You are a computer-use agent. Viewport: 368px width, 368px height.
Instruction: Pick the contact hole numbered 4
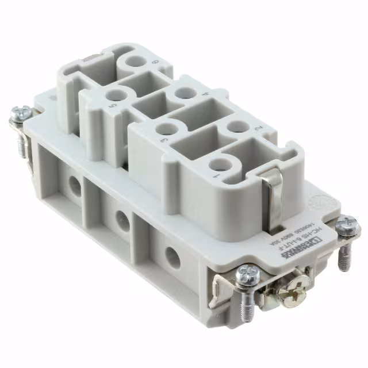[x=185, y=94]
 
